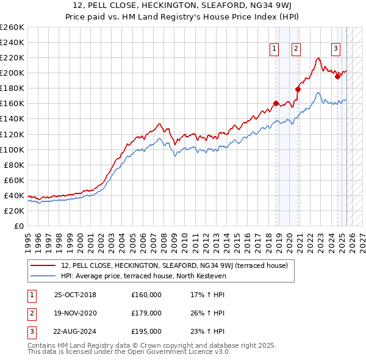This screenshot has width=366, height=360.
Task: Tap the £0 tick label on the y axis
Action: click(x=18, y=226)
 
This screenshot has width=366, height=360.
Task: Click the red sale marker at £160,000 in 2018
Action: click(x=276, y=104)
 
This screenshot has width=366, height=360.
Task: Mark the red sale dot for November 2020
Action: click(x=298, y=89)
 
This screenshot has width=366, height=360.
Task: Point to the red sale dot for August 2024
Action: click(x=337, y=77)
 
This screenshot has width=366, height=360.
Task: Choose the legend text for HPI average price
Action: click(x=144, y=276)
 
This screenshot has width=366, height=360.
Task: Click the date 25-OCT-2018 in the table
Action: click(x=75, y=295)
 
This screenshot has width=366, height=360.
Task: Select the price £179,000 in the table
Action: click(x=146, y=313)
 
